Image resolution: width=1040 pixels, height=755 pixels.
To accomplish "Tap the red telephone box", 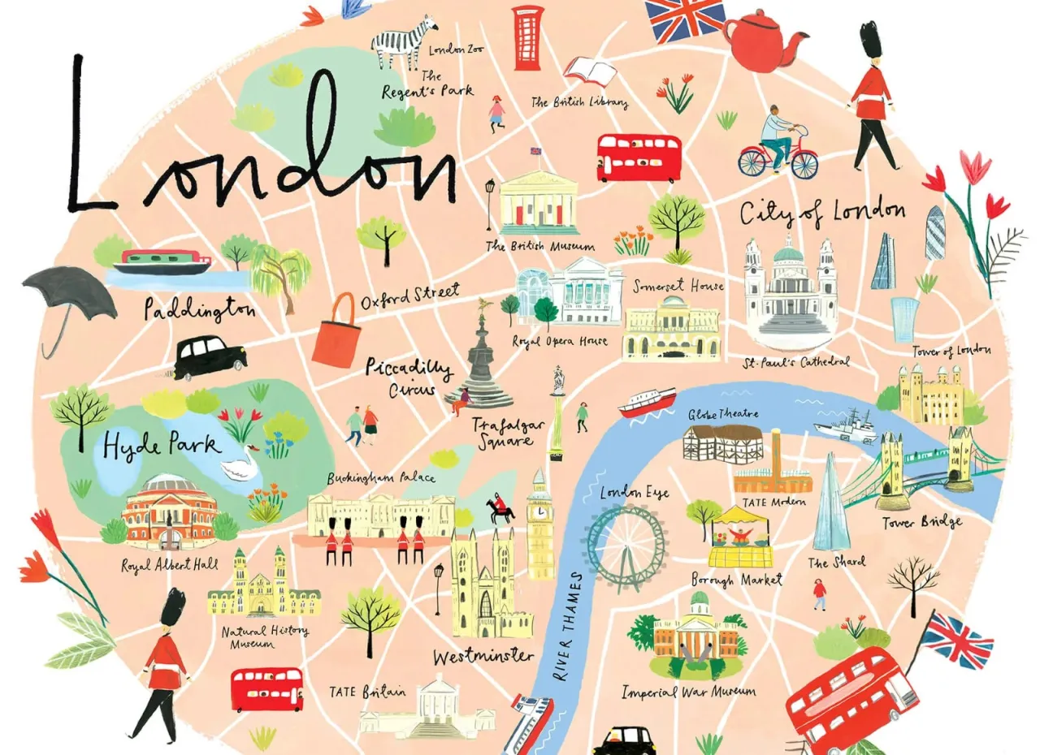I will click(x=527, y=37).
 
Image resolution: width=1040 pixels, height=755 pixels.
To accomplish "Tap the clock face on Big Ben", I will click(x=539, y=512).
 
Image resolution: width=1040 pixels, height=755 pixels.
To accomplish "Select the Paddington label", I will click(x=198, y=309).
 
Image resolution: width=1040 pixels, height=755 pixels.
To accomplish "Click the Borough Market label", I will click(x=736, y=580).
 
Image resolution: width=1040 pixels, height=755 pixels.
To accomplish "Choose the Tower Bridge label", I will click(x=922, y=523).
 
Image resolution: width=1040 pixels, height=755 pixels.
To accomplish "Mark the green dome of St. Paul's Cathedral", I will click(x=787, y=252).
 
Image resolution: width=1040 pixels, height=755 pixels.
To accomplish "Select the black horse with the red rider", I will click(x=500, y=510).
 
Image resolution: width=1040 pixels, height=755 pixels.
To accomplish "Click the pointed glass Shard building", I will click(x=830, y=503).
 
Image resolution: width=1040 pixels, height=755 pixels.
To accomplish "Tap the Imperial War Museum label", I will click(x=688, y=692).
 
